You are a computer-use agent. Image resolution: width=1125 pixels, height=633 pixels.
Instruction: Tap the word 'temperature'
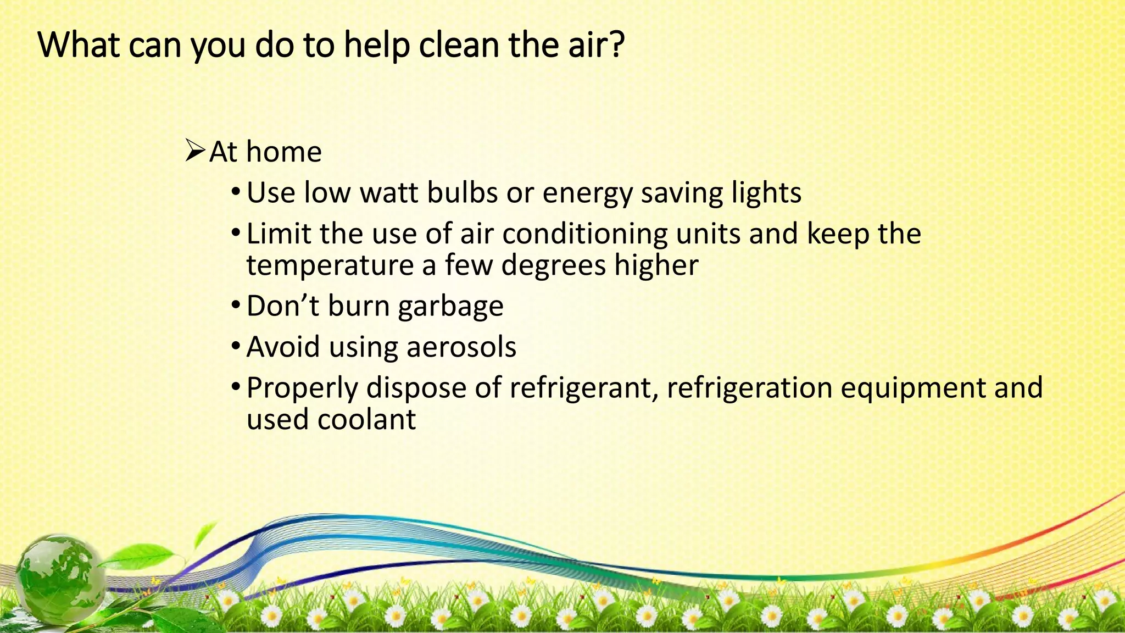330,265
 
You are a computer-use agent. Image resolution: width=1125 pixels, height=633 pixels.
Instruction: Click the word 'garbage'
450,307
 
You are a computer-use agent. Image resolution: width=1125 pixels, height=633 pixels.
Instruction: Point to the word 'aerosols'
461,347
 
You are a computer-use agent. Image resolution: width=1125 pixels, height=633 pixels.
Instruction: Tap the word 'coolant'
366,420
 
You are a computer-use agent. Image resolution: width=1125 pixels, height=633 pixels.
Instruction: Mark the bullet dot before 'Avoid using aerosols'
236,347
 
